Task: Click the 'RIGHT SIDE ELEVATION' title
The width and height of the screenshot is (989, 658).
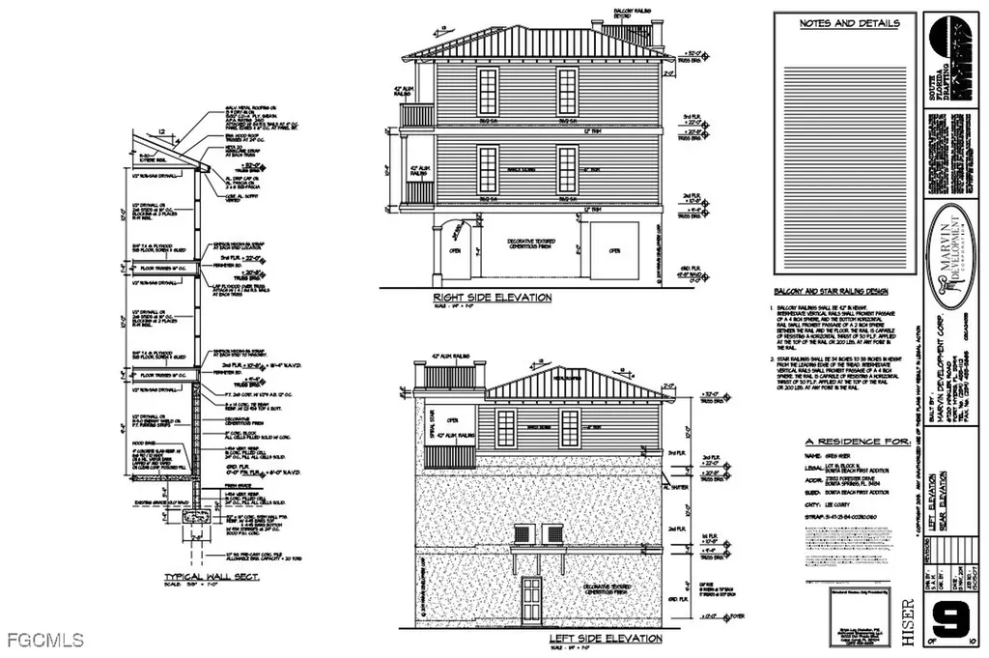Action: [492, 298]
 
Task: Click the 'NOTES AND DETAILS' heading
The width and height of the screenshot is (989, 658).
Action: [850, 23]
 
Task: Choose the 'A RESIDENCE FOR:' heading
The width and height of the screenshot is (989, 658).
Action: [849, 440]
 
